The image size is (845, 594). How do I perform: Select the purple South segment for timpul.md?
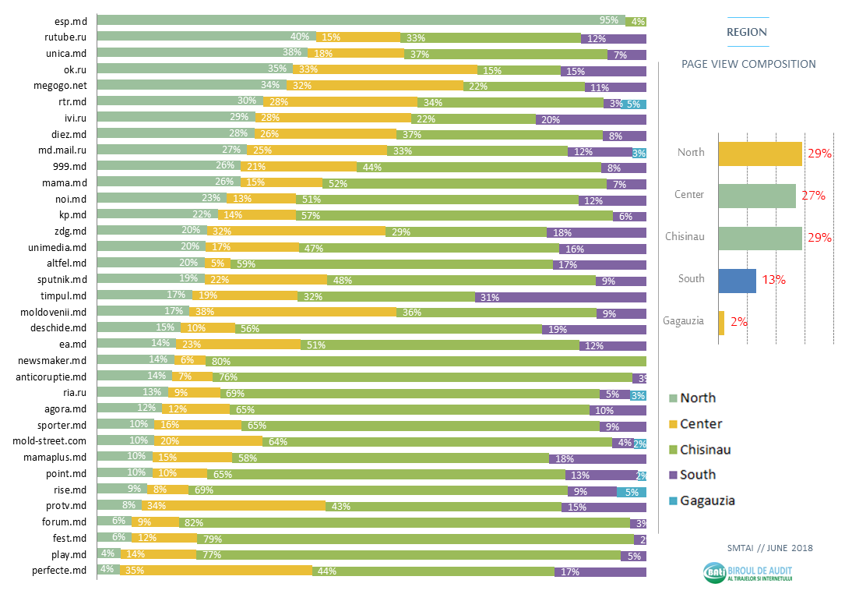point(561,296)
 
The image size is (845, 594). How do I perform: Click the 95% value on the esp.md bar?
point(609,21)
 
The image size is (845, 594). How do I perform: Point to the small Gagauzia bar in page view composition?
point(721,323)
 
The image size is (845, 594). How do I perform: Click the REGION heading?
point(746,32)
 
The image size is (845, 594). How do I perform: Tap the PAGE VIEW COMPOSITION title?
point(748,64)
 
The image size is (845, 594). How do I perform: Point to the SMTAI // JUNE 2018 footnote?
point(769,548)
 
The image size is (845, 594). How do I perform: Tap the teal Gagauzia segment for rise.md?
point(632,490)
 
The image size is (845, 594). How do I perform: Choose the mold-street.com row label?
point(52,441)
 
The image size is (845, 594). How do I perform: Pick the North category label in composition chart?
point(691,153)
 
